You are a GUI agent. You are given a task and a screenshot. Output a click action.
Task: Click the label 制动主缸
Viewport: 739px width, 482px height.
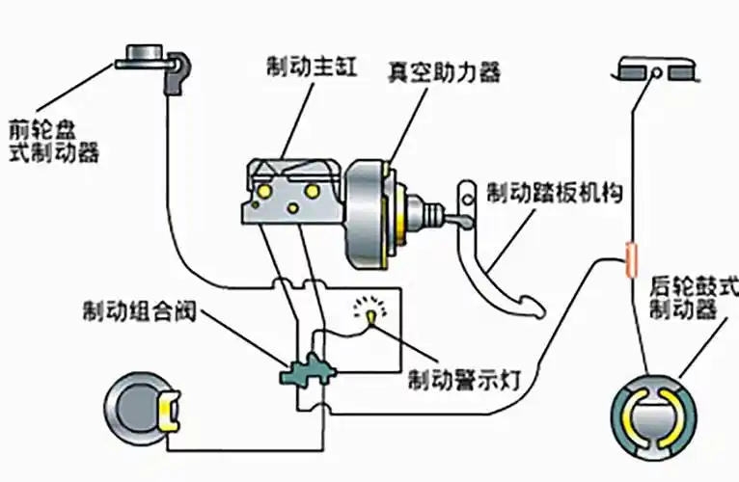coord(300,67)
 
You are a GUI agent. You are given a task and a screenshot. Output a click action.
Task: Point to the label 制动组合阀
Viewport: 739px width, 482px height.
coord(128,313)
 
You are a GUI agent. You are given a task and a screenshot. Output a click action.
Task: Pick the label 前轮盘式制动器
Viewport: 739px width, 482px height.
coord(53,140)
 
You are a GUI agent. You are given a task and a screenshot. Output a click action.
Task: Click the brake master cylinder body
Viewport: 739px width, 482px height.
coord(289,193)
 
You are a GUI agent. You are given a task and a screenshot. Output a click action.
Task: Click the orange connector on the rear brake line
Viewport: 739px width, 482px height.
coord(631,258)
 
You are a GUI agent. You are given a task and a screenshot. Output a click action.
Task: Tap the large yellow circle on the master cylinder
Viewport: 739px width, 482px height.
coord(311,193)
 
